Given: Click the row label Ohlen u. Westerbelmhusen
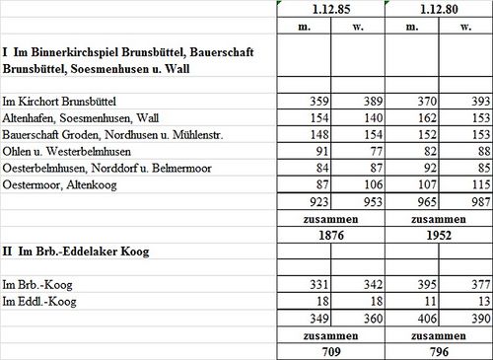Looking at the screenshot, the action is point(67,150).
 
